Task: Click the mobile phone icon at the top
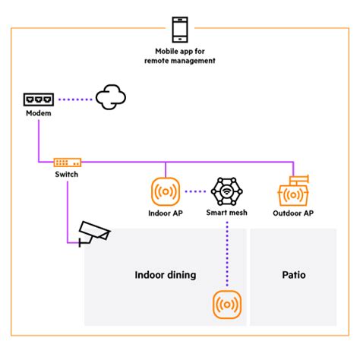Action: tap(180, 29)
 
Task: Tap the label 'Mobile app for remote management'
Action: tap(180, 56)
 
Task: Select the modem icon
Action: tap(38, 99)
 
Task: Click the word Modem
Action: tap(38, 113)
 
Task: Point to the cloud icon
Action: tap(110, 98)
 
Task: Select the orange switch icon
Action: tap(67, 162)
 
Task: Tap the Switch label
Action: tap(67, 175)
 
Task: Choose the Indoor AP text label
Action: tap(165, 213)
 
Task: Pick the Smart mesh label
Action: tap(226, 213)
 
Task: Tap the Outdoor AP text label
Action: tap(292, 213)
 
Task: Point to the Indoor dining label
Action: tap(165, 275)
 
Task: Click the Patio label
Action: tap(292, 275)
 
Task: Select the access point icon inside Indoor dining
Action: tap(226, 305)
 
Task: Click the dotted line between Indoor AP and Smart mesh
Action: tap(195, 191)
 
